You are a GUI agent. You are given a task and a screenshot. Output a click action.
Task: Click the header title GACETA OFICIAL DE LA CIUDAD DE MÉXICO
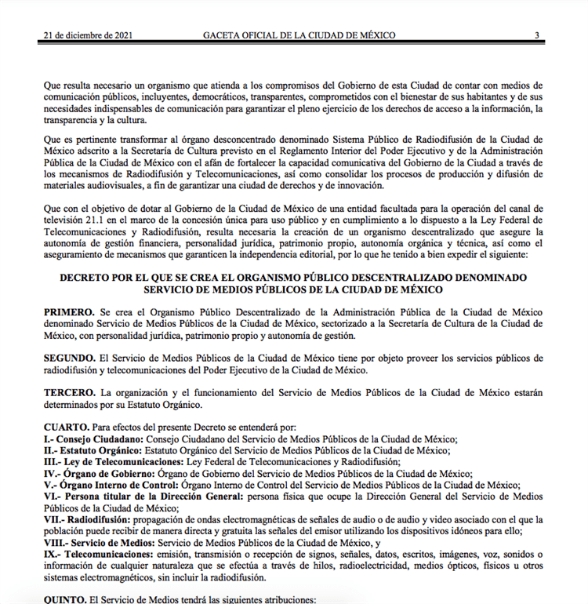tap(299, 35)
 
